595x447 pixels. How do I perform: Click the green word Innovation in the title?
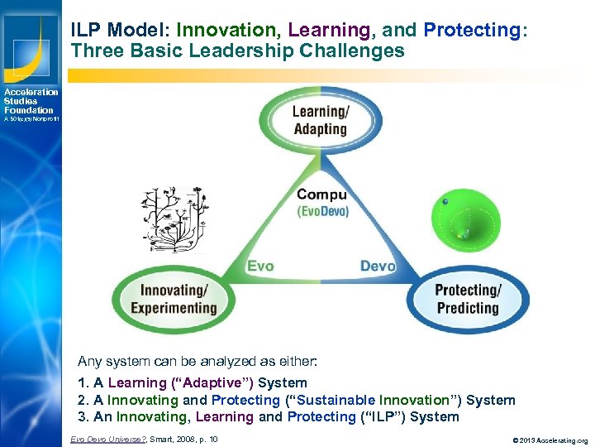[x=227, y=31]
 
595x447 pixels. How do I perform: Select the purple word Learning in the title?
[x=329, y=31]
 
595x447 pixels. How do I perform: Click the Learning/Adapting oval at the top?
[x=319, y=119]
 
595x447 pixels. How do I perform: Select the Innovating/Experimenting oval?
[x=173, y=299]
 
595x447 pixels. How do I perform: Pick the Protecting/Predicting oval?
[x=467, y=299]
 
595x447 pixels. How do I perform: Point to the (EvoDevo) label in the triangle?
[x=322, y=211]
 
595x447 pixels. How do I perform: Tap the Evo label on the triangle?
[x=260, y=266]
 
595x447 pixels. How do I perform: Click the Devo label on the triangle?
[x=378, y=266]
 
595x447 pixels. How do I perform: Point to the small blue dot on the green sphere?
[x=445, y=201]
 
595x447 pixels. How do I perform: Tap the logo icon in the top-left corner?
[x=31, y=41]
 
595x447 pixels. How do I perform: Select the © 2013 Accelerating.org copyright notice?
[x=539, y=440]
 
